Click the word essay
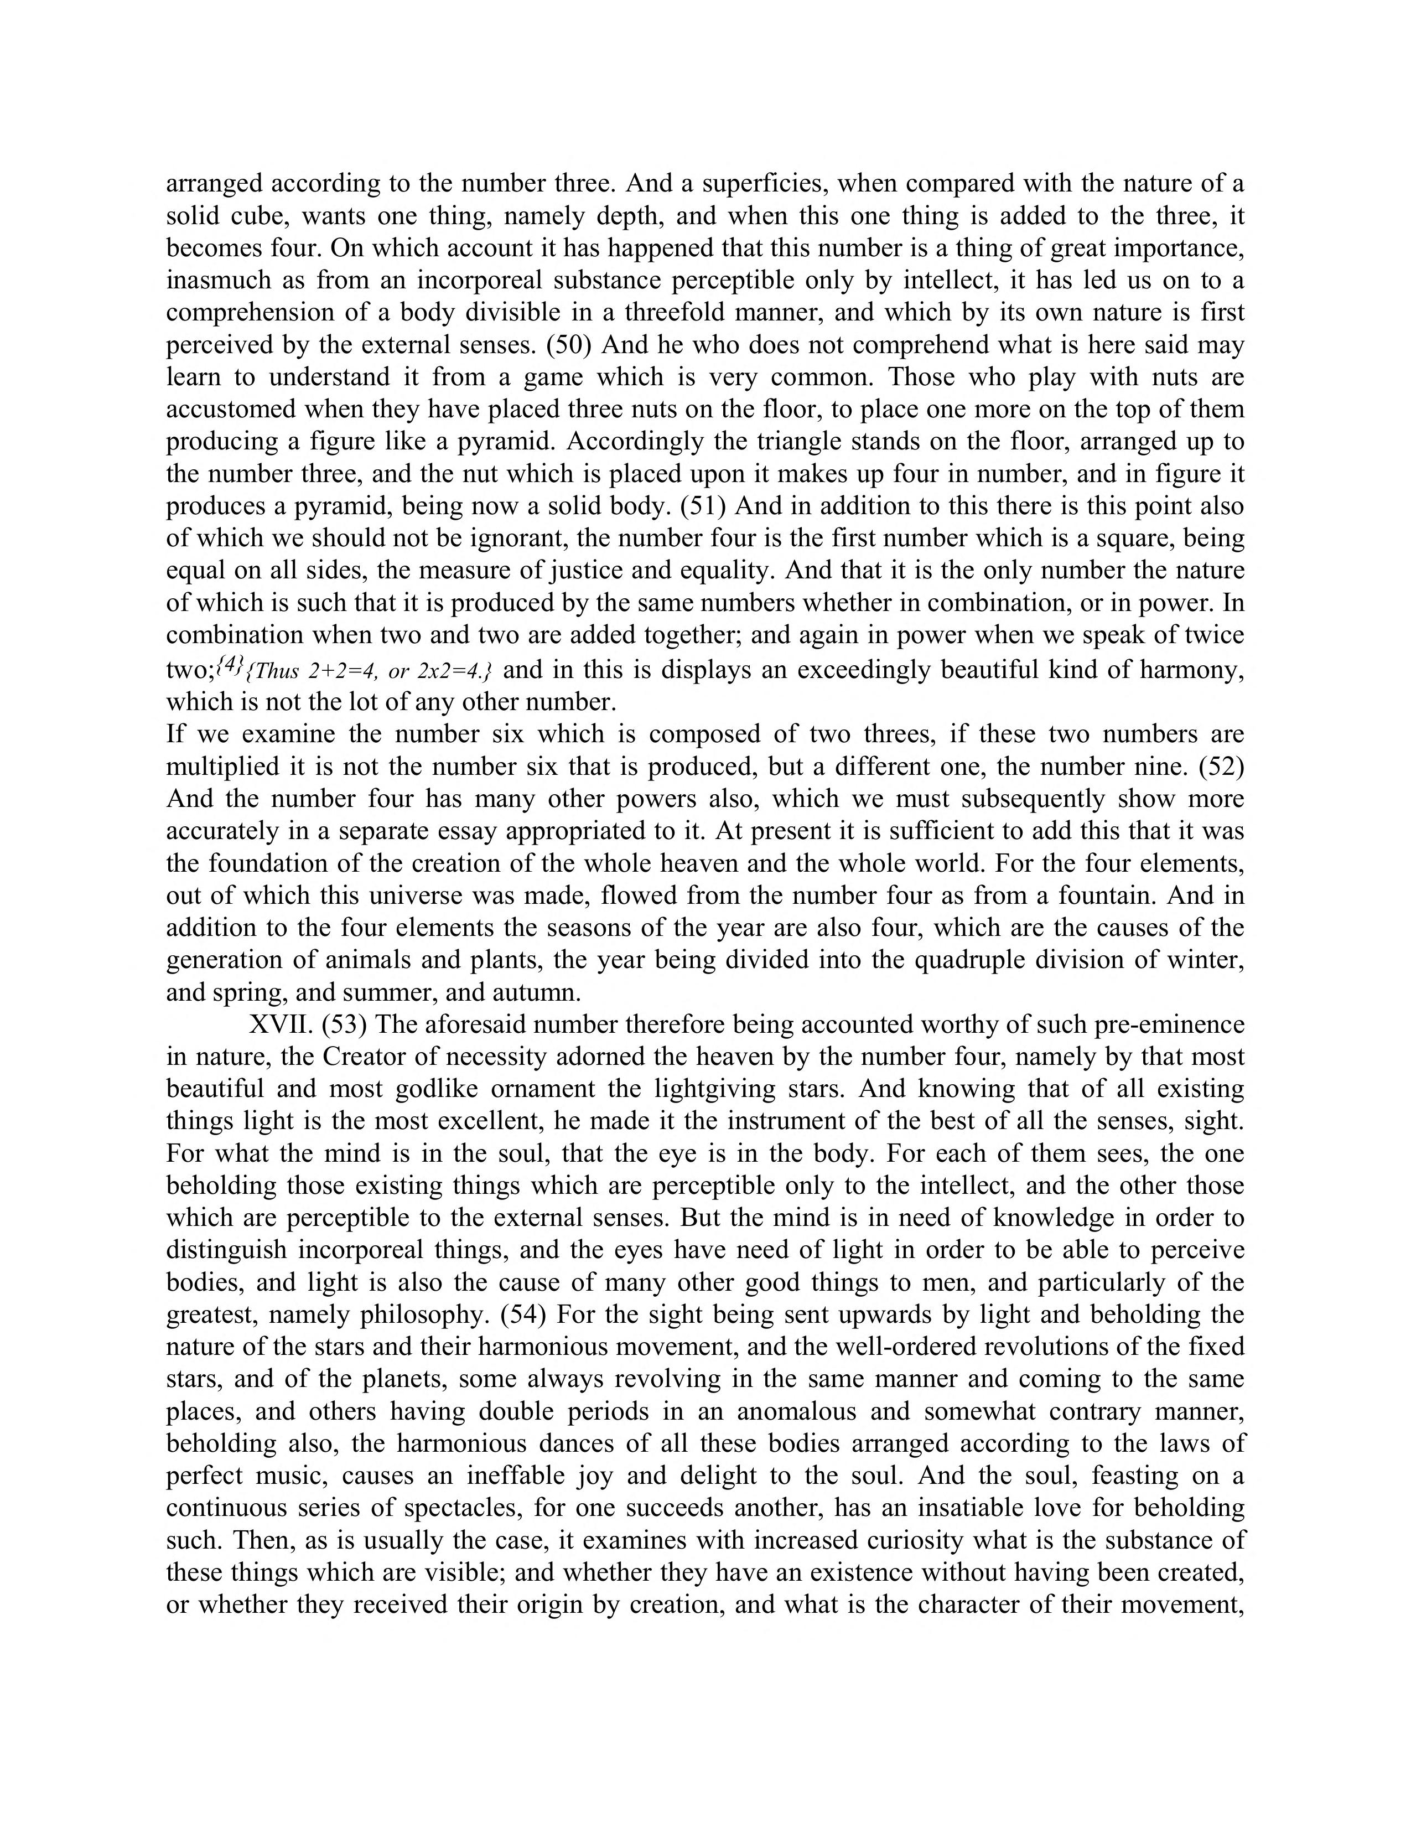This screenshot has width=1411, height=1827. pyautogui.click(x=475, y=831)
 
